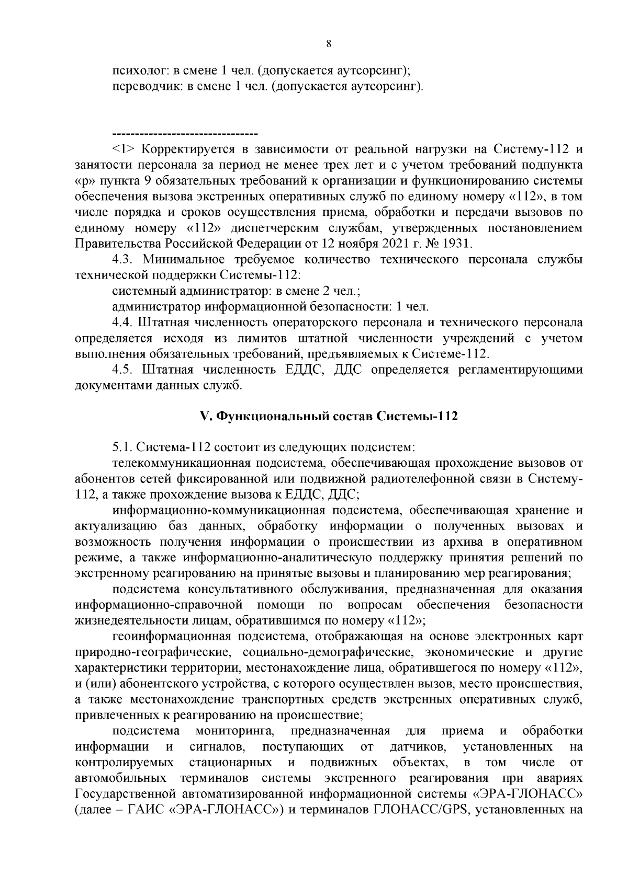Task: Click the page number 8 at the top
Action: click(328, 44)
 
